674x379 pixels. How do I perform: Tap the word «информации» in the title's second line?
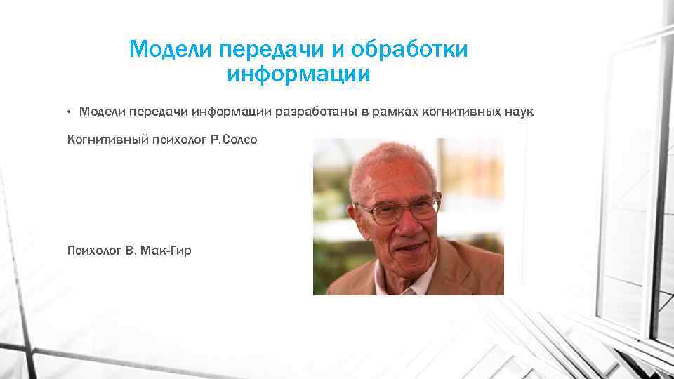click(x=298, y=74)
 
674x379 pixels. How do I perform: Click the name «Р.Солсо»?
click(x=233, y=140)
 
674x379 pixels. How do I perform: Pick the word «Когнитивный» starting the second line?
click(x=105, y=140)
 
